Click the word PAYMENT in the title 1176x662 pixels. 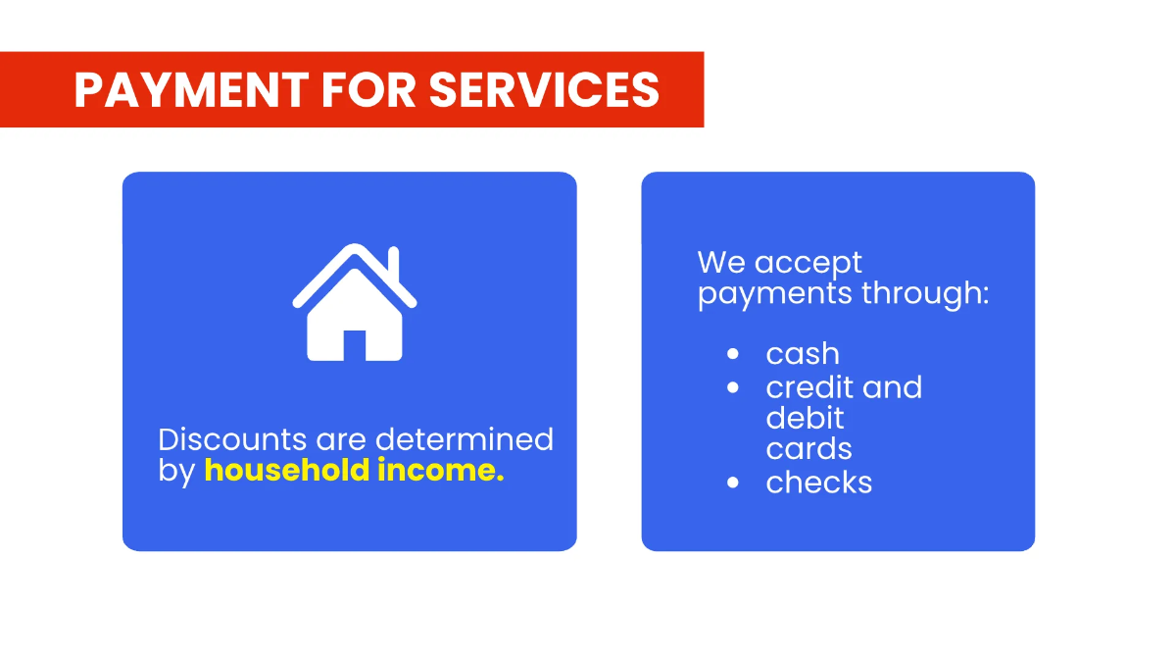(x=191, y=90)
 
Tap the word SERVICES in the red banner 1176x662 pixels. (x=544, y=90)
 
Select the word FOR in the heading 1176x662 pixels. (x=368, y=90)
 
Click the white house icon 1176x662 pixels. (x=355, y=303)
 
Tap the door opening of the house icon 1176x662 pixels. (x=355, y=345)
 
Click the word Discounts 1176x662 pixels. (x=232, y=439)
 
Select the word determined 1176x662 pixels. (x=465, y=439)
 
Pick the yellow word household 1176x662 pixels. (x=286, y=470)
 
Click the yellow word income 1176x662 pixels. (x=440, y=470)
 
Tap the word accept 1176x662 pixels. (x=808, y=264)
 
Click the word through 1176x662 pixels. (x=925, y=292)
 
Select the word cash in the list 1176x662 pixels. (x=803, y=354)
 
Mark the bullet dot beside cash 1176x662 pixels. (x=733, y=354)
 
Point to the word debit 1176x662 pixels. (x=805, y=418)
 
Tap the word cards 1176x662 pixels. (x=808, y=449)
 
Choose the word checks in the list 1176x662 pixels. (x=818, y=483)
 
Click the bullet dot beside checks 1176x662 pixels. (x=733, y=483)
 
